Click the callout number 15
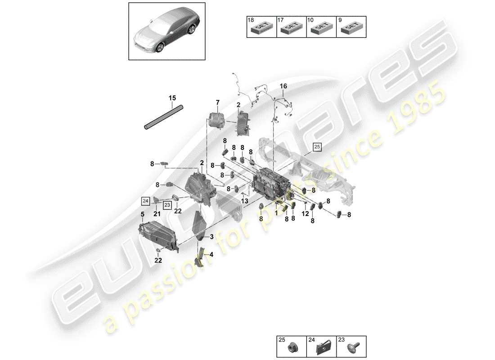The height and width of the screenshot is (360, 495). [x=172, y=98]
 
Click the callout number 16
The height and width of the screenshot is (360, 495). [x=283, y=86]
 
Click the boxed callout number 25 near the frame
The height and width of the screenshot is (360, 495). [x=318, y=147]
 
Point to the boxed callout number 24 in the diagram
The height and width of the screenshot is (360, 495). [x=145, y=201]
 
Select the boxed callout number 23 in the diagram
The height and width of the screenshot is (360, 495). [x=167, y=205]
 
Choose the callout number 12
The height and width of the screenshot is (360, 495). [x=306, y=213]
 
